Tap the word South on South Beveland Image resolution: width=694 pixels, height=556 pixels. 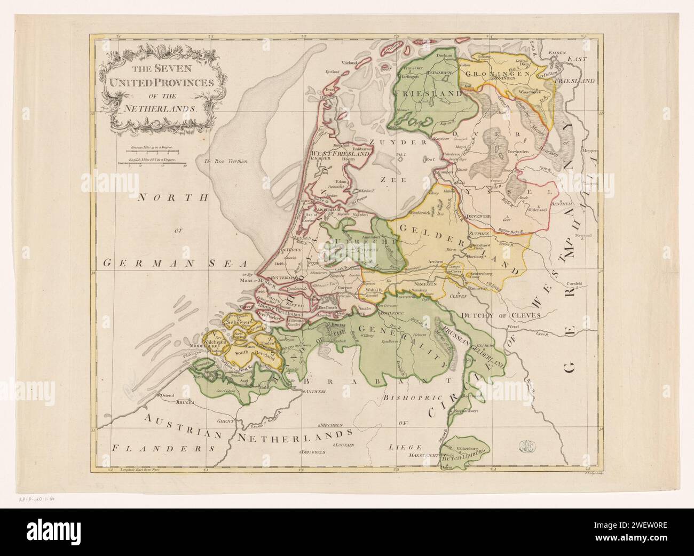pos(242,353)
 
